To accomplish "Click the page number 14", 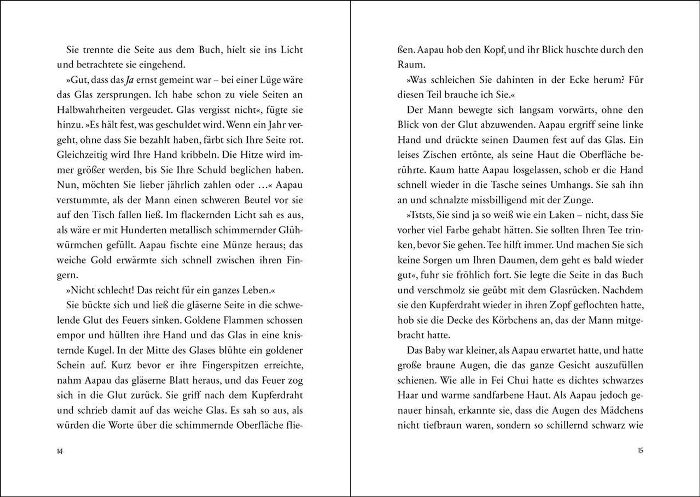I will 60,451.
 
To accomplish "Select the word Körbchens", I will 518,320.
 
